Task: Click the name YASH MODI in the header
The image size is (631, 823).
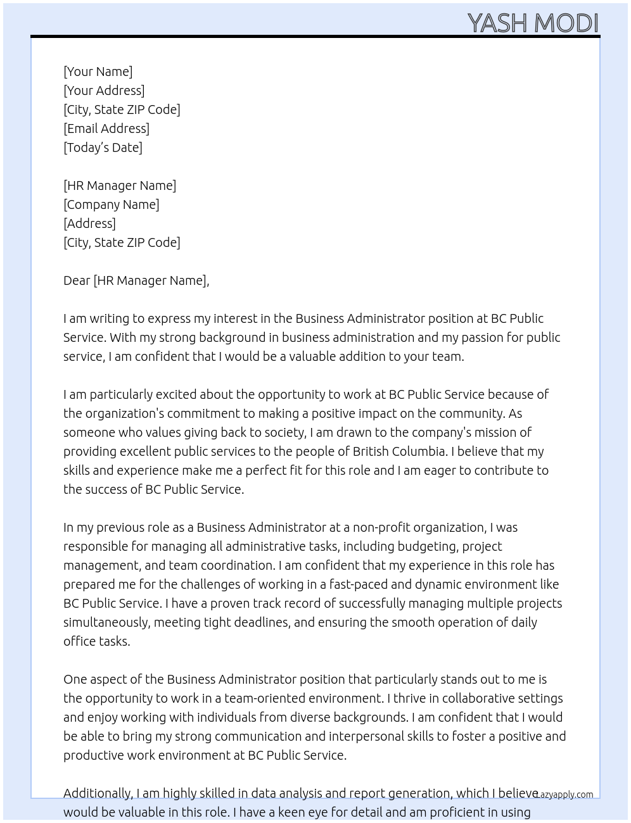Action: point(533,23)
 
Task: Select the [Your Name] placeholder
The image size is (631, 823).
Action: point(98,72)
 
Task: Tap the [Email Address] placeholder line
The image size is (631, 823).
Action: point(106,129)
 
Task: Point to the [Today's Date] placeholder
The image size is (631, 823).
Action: point(103,148)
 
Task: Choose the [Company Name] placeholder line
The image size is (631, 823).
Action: point(112,204)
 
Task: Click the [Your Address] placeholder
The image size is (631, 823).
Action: point(104,91)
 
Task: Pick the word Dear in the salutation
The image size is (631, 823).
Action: point(77,280)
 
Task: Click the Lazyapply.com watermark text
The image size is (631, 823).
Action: point(564,795)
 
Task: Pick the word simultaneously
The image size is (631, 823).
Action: point(106,622)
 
